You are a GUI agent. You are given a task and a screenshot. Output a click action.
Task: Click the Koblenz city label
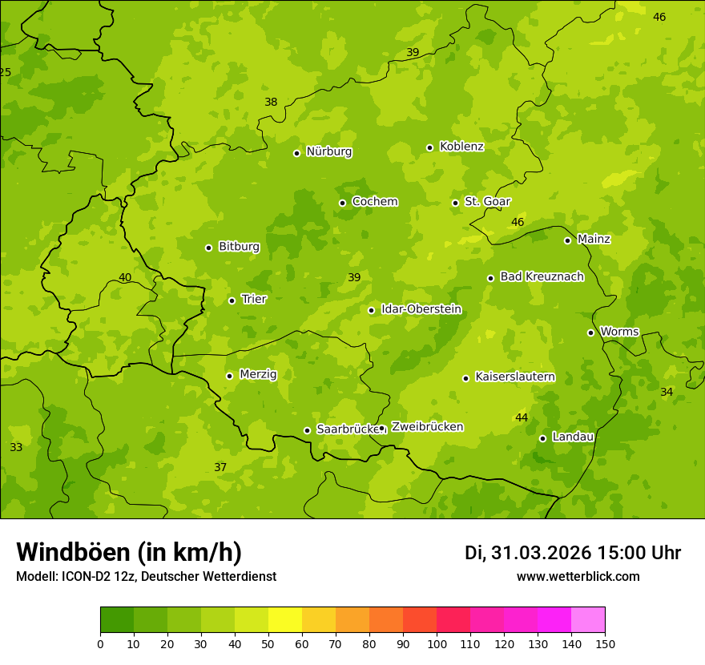pyautogui.click(x=461, y=147)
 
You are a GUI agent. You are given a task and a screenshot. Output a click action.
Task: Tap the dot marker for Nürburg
pyautogui.click(x=296, y=153)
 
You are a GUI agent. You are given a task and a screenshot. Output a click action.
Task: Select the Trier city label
pyautogui.click(x=253, y=300)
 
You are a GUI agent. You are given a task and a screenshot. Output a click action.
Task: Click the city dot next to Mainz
pyautogui.click(x=567, y=240)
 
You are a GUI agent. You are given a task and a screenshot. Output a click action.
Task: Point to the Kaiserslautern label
pyautogui.click(x=515, y=377)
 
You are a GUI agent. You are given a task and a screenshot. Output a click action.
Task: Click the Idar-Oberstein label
pyautogui.click(x=421, y=309)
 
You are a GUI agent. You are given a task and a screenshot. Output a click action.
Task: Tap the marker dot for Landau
pyautogui.click(x=542, y=438)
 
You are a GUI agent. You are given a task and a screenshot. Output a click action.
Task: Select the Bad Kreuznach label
pyautogui.click(x=542, y=276)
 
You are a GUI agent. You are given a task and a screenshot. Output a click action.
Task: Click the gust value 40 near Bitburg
pyautogui.click(x=125, y=277)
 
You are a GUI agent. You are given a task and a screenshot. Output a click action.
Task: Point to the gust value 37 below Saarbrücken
pyautogui.click(x=220, y=467)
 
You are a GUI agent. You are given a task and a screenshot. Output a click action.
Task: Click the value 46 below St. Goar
pyautogui.click(x=518, y=222)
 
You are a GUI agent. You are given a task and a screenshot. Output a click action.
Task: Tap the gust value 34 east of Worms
pyautogui.click(x=667, y=392)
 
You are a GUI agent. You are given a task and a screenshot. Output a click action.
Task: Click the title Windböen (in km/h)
pyautogui.click(x=129, y=552)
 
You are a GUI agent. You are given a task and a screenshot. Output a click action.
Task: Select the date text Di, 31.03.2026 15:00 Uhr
pyautogui.click(x=573, y=553)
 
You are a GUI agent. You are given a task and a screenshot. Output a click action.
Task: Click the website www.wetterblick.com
pyautogui.click(x=578, y=576)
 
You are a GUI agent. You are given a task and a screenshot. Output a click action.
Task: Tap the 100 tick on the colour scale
pyautogui.click(x=437, y=643)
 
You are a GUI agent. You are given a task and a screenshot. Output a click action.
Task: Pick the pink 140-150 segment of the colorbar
pyautogui.click(x=588, y=620)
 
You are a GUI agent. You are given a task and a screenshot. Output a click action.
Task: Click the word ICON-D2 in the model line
pyautogui.click(x=83, y=576)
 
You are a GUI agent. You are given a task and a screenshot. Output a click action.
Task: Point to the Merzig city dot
pyautogui.click(x=229, y=376)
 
